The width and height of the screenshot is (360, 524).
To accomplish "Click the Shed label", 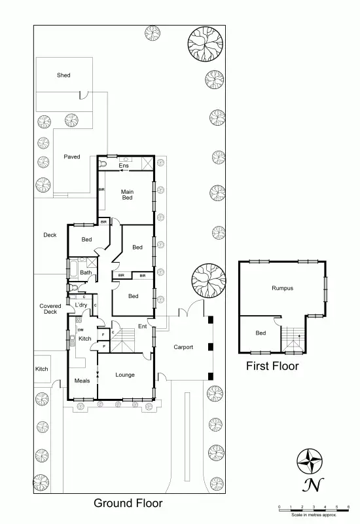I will click(x=63, y=75).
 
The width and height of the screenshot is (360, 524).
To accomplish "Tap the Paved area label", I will click(x=72, y=157).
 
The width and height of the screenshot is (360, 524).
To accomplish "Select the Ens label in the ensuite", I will click(x=123, y=166).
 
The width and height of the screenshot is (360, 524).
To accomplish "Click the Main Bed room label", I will click(x=128, y=195).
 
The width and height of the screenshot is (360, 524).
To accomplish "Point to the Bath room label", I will click(x=86, y=272).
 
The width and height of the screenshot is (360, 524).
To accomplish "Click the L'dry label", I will click(x=81, y=305).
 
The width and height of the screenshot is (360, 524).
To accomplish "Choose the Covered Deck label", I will click(x=50, y=309).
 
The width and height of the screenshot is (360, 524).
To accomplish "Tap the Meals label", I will click(x=82, y=381).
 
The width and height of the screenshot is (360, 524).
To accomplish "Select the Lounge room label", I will click(x=125, y=375).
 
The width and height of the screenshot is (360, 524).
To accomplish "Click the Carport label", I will click(x=183, y=347).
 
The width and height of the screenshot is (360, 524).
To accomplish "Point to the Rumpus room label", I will click(x=282, y=288).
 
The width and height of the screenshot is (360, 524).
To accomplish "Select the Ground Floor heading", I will click(x=128, y=503).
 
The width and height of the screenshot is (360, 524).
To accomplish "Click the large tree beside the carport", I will click(x=208, y=280).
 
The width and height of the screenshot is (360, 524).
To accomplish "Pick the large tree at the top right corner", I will click(x=206, y=44).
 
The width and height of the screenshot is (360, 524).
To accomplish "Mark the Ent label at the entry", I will click(x=142, y=326).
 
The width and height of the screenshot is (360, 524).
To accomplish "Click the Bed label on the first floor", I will click(x=261, y=333).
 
